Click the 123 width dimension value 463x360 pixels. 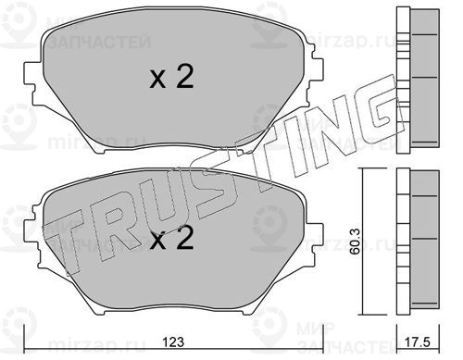[x=174, y=342]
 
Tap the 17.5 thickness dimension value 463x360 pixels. [x=418, y=342]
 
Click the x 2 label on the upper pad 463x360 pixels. [x=171, y=77]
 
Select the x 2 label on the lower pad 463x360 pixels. [x=171, y=238]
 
